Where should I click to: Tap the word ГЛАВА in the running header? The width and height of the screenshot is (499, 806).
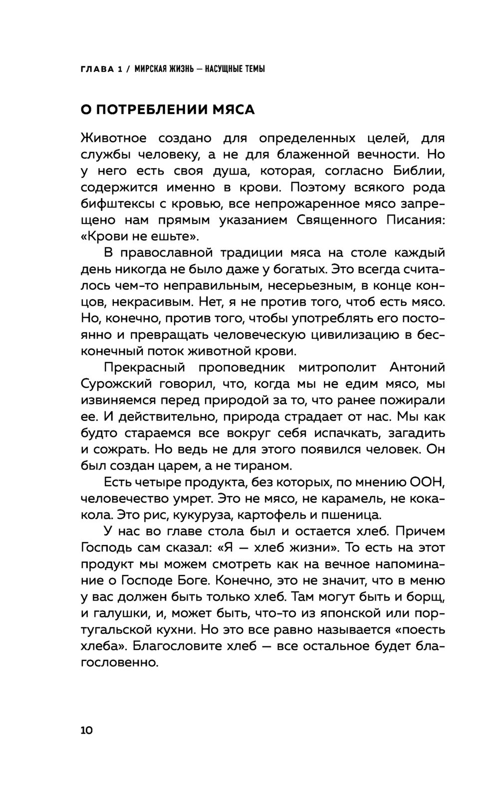click(97, 69)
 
